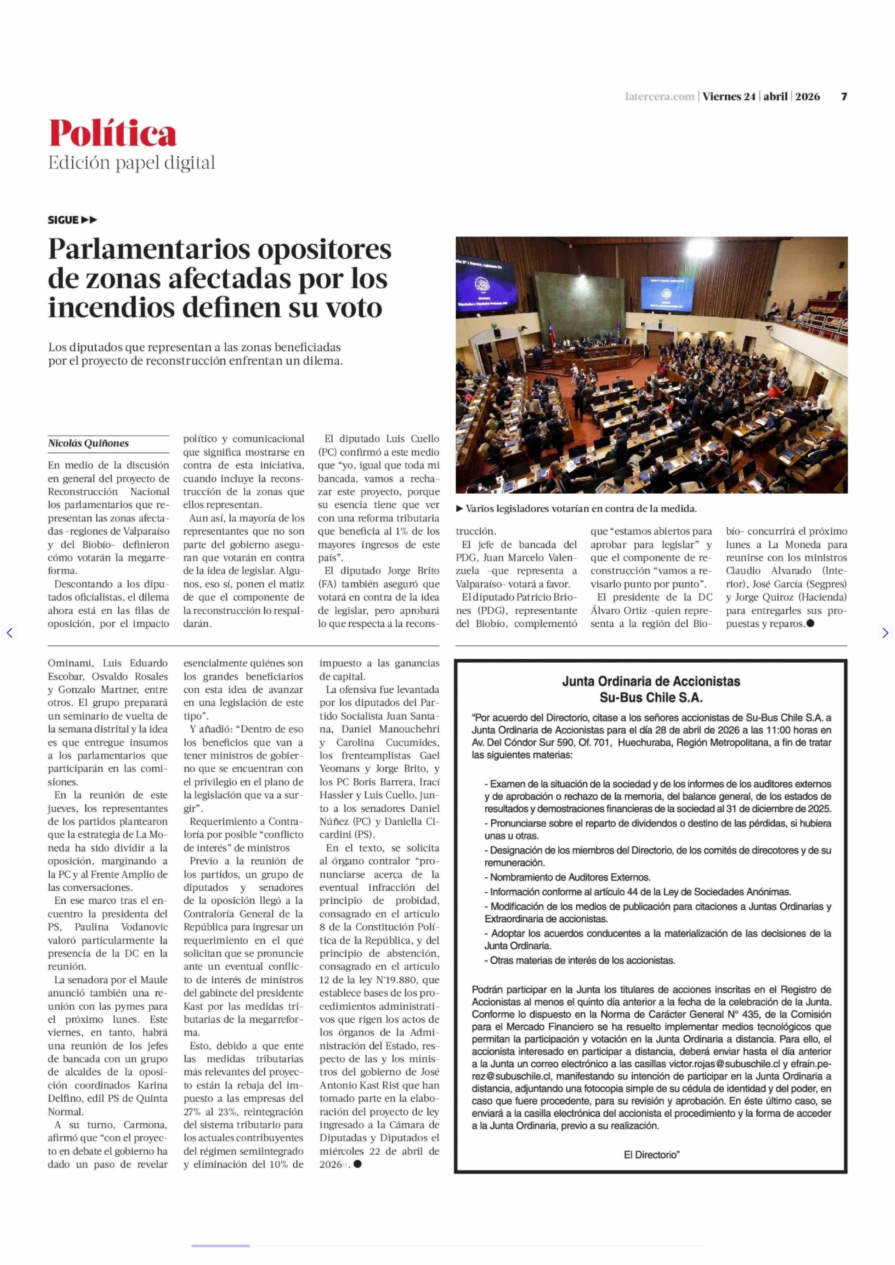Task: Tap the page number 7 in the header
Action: (x=844, y=96)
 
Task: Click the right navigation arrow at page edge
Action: (x=885, y=633)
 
